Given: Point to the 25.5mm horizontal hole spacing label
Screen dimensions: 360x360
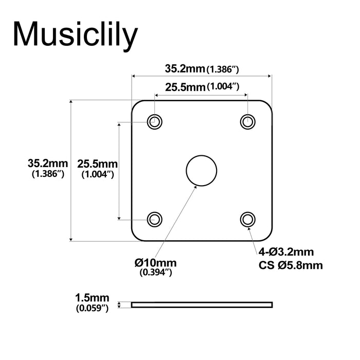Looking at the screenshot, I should point(185,87).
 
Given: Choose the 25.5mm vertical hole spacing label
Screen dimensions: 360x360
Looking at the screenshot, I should point(97,164).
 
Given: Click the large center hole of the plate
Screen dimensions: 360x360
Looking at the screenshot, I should point(201,170).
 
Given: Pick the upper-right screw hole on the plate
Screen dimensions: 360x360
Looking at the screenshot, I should point(248,122).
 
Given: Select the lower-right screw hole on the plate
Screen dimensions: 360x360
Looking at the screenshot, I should point(248,219).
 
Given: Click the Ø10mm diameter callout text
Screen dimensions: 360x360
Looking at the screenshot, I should point(157,263).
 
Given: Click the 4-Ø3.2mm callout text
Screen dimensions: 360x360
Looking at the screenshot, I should point(286,252).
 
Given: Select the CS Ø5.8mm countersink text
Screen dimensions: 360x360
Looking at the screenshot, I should point(291,265).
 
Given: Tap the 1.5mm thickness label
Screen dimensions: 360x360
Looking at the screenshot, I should point(92,298).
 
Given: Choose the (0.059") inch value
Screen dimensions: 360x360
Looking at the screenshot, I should point(92,309).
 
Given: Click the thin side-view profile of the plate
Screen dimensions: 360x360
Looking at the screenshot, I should point(202,304).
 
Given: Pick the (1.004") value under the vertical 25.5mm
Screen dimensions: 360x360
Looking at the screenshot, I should point(97,175).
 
